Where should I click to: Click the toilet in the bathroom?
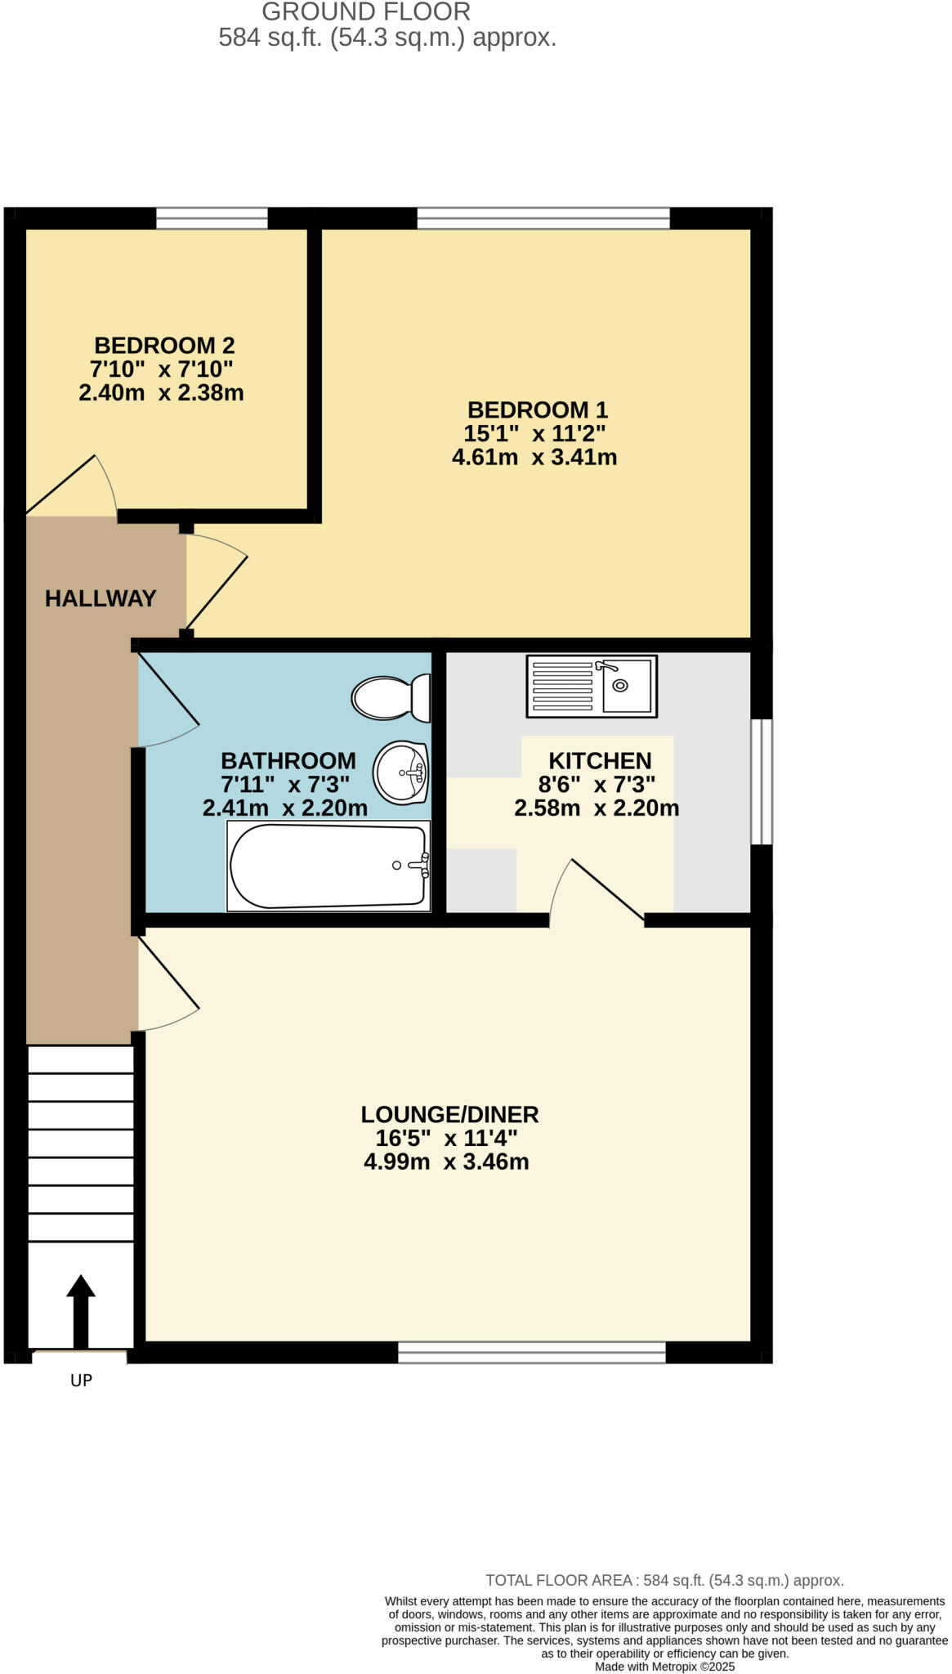click(391, 697)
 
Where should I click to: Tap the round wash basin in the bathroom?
click(400, 772)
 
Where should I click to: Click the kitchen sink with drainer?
click(592, 687)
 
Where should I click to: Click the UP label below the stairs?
click(81, 1381)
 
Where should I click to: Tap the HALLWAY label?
click(100, 598)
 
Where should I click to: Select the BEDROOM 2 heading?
click(164, 345)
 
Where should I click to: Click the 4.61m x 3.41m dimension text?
click(534, 457)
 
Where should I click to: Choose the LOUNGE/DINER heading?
click(449, 1114)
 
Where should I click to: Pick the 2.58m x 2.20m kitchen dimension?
click(596, 808)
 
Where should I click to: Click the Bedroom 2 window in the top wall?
click(212, 218)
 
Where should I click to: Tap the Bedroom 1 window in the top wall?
click(543, 218)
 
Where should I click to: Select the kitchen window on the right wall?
click(761, 781)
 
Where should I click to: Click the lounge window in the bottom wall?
click(531, 1353)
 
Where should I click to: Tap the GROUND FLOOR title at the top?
click(365, 12)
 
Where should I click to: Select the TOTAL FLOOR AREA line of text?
click(664, 1580)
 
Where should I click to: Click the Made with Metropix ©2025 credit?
click(664, 1666)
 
